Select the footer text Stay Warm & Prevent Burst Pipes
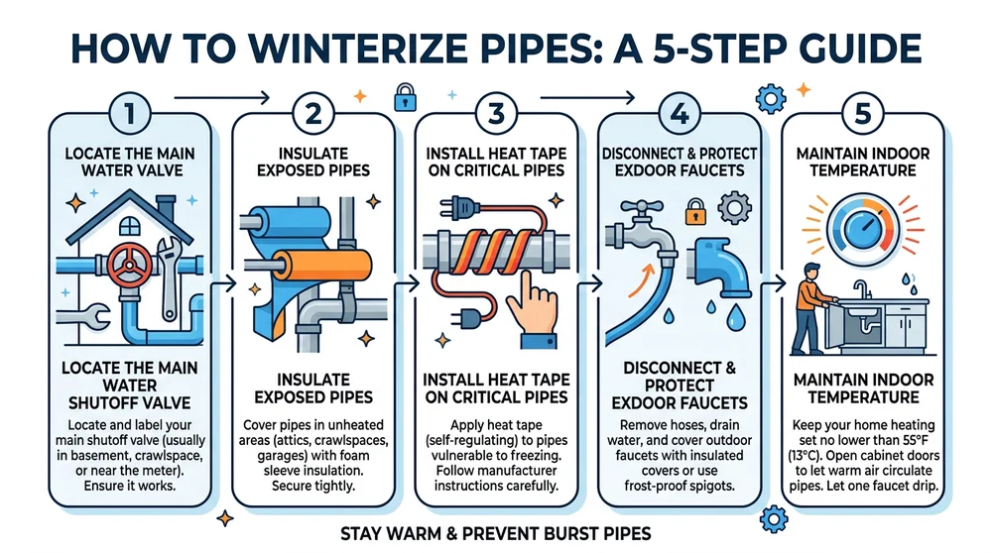(495, 532)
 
